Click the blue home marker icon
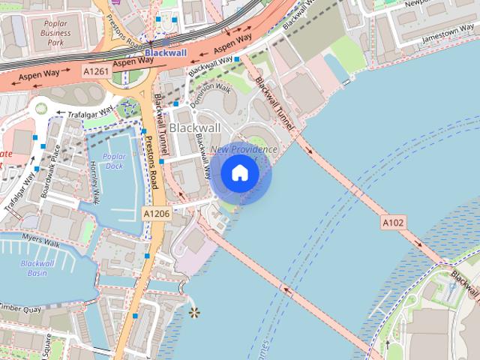pyautogui.click(x=240, y=173)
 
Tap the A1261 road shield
pyautogui.click(x=96, y=71)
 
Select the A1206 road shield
pyautogui.click(x=156, y=214)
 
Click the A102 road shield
pyautogui.click(x=393, y=222)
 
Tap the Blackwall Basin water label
pyautogui.click(x=33, y=268)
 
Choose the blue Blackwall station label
pyautogui.click(x=165, y=53)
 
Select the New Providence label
pyautogui.click(x=244, y=150)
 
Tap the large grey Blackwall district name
pyautogui.click(x=195, y=128)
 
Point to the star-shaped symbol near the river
pyautogui.click(x=195, y=311)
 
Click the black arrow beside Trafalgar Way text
pyautogui.click(x=61, y=113)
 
